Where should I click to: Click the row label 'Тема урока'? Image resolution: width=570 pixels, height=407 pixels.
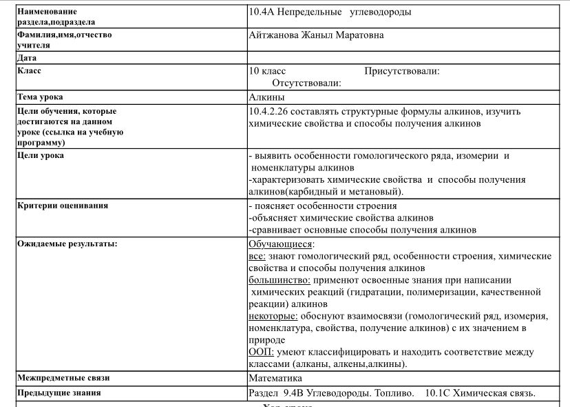(x=45, y=97)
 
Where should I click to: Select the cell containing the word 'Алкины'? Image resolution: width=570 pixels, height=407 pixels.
(x=266, y=97)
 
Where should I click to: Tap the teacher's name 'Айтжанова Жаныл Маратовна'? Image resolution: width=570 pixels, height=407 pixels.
(x=316, y=35)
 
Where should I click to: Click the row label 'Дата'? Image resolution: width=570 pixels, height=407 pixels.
(x=28, y=58)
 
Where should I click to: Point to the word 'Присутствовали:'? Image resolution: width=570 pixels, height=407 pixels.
(x=402, y=71)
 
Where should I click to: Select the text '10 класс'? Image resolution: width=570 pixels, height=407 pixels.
(x=267, y=71)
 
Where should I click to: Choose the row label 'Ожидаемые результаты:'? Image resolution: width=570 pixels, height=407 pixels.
(x=67, y=244)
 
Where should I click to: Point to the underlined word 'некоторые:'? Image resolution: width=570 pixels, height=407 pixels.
(x=273, y=316)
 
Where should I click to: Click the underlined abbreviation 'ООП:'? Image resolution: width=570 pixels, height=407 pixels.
(x=261, y=352)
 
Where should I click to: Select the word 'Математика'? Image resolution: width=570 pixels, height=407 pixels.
(x=275, y=378)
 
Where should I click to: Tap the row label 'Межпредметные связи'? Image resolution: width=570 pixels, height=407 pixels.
(x=63, y=378)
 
